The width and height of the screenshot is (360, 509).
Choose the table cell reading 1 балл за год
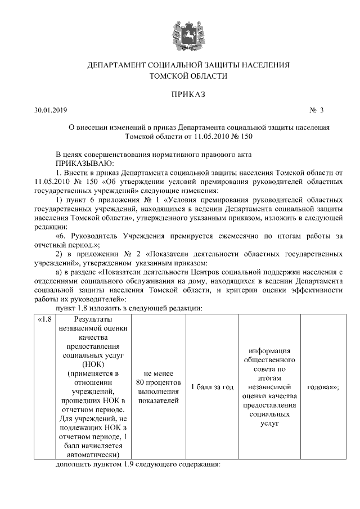(x=212, y=387)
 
